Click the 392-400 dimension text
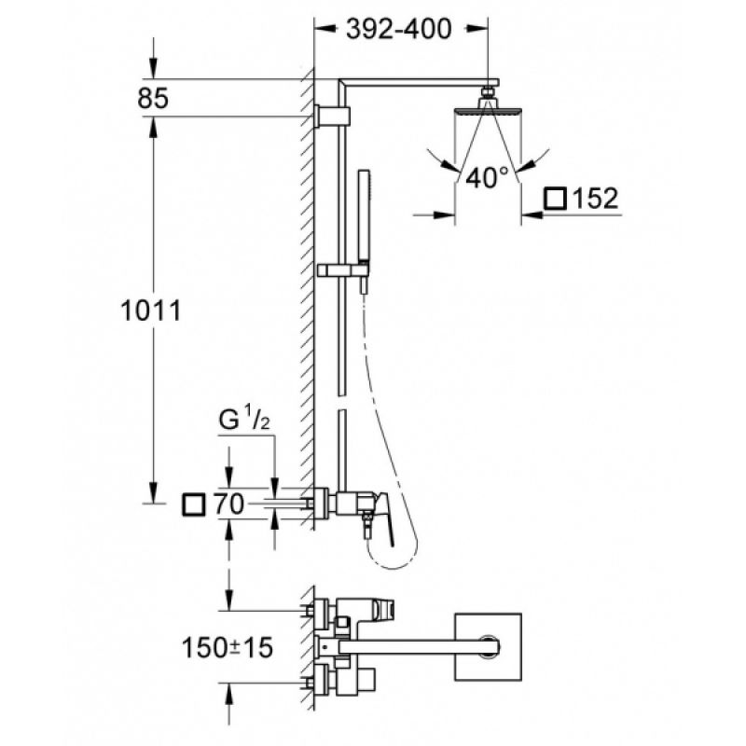pyautogui.click(x=399, y=29)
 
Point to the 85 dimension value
pyautogui.click(x=153, y=99)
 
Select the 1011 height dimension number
pyautogui.click(x=151, y=311)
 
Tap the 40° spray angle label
pyautogui.click(x=486, y=177)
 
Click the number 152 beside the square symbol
pyautogui.click(x=595, y=199)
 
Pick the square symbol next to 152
pyautogui.click(x=555, y=199)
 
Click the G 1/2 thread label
pyautogui.click(x=244, y=419)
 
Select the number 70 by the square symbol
pyautogui.click(x=228, y=504)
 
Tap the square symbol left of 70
pyautogui.click(x=194, y=504)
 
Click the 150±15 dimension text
pyautogui.click(x=228, y=647)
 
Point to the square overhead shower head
pyautogui.click(x=488, y=111)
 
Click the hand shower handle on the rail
pyautogui.click(x=364, y=215)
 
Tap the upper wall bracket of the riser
pyautogui.click(x=333, y=116)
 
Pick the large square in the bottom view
pyautogui.click(x=488, y=646)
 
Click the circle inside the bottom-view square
pyautogui.click(x=488, y=646)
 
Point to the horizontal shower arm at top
pyautogui.click(x=419, y=83)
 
